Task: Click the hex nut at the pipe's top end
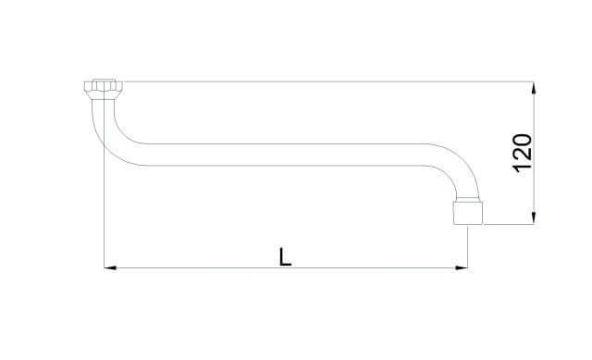click(x=104, y=89)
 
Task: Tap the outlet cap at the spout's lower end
click(x=468, y=214)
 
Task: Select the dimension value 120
click(x=523, y=153)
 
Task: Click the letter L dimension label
click(x=285, y=256)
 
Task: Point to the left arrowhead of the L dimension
click(x=110, y=267)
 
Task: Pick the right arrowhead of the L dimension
click(x=462, y=267)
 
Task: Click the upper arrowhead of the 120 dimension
click(x=534, y=88)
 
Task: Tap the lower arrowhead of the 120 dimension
click(x=534, y=218)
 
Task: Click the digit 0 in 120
click(x=523, y=140)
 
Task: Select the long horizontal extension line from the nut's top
click(x=327, y=81)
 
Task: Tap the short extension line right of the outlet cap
click(x=510, y=225)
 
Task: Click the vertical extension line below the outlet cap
click(x=468, y=247)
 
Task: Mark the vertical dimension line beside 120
click(x=534, y=153)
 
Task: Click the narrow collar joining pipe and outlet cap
click(x=468, y=200)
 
